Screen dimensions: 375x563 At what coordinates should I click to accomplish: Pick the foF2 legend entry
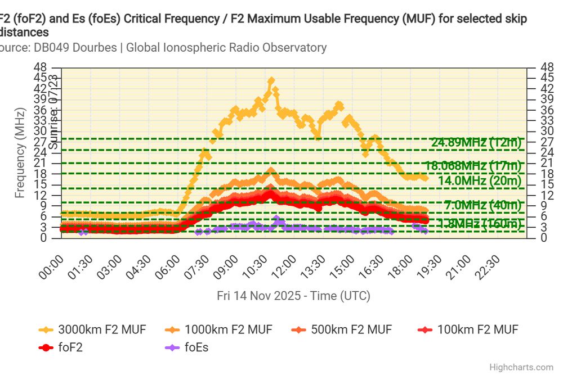click(70, 347)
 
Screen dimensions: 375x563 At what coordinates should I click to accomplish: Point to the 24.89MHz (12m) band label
click(476, 142)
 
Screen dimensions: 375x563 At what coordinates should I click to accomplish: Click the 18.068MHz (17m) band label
click(473, 166)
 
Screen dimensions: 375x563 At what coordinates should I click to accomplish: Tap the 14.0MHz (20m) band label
click(479, 180)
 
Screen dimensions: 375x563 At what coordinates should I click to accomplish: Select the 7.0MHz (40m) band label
click(482, 205)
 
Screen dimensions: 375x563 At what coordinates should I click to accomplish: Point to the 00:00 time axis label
click(53, 264)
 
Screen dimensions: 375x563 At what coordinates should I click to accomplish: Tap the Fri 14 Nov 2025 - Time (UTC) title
click(293, 296)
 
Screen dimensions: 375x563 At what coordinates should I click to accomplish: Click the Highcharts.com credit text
click(521, 367)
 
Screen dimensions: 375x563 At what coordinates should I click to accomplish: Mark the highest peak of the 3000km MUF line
click(271, 80)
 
